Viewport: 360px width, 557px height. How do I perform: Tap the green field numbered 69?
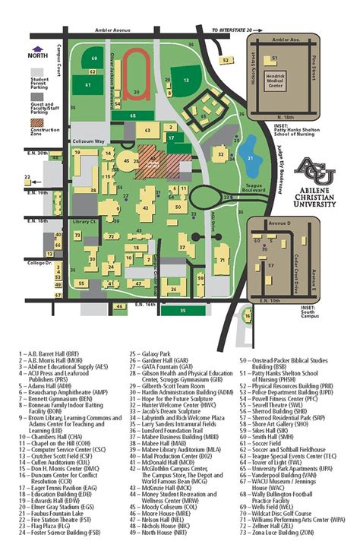(93, 59)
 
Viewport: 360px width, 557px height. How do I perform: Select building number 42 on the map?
(147, 207)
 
